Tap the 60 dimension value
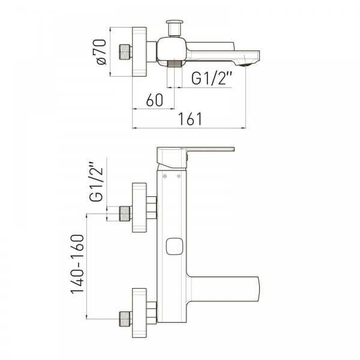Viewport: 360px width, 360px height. pos(155,100)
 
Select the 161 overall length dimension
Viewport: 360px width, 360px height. pos(190,119)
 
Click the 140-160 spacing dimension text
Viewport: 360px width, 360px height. pos(77,264)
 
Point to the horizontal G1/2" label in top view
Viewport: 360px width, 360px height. pos(211,78)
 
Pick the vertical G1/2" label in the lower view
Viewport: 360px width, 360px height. pos(96,182)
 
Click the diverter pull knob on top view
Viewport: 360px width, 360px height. pos(175,28)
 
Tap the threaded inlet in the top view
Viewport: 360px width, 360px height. pos(125,52)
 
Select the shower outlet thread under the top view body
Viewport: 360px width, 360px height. pos(175,64)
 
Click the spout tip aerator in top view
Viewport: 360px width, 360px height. pos(245,65)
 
